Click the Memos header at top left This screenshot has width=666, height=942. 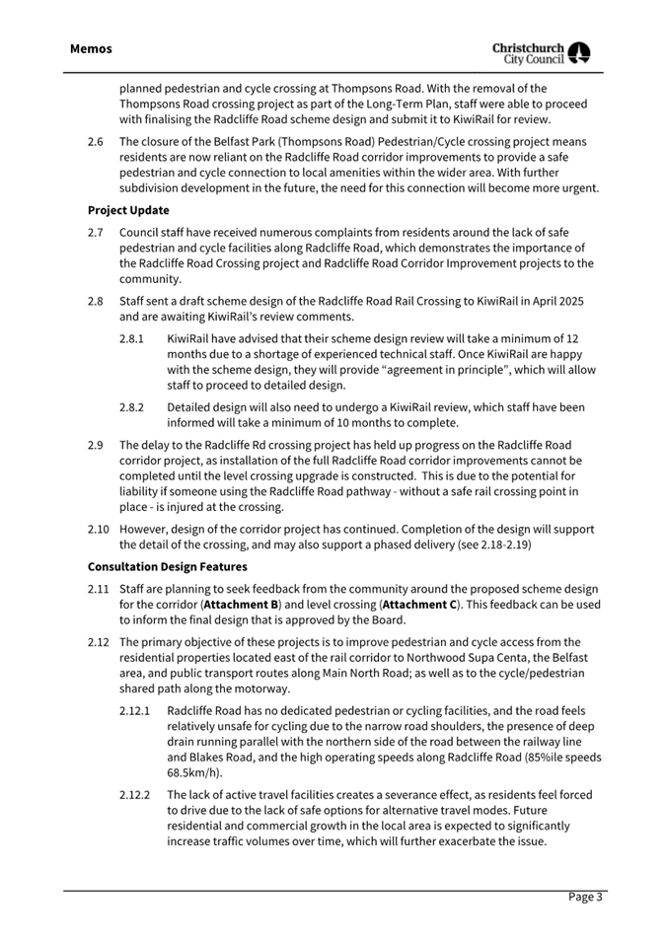click(x=91, y=48)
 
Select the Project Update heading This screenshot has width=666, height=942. click(x=128, y=210)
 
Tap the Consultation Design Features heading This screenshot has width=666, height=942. click(x=168, y=567)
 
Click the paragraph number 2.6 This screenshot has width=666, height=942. click(x=96, y=141)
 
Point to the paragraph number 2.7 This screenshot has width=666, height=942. click(x=96, y=233)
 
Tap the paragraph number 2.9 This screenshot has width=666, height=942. click(x=96, y=445)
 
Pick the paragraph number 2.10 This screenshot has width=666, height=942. click(x=98, y=529)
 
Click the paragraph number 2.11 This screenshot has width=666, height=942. click(x=98, y=589)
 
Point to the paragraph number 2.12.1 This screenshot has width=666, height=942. click(x=135, y=710)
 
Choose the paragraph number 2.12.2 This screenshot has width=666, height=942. click(x=135, y=794)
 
